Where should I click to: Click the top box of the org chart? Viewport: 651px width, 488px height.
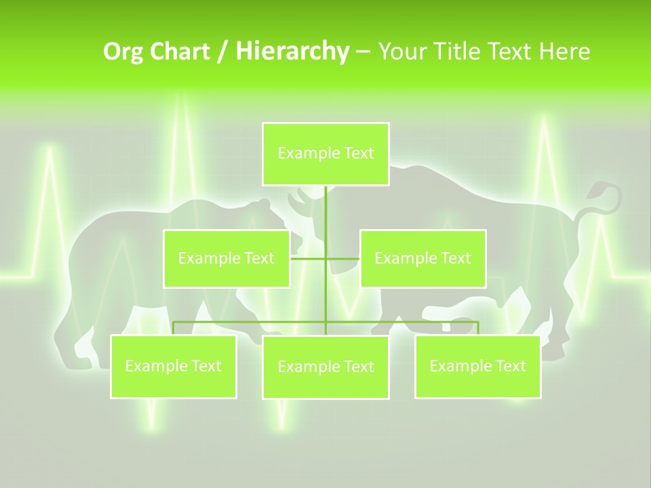pos(325,154)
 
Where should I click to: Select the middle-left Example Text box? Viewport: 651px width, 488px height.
pos(226,258)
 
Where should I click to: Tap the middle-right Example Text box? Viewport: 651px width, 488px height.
pos(422,258)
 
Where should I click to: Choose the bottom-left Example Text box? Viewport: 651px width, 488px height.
pos(173,367)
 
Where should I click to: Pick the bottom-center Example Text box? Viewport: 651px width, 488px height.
pos(325,367)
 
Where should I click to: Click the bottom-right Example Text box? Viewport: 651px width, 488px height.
pos(477,367)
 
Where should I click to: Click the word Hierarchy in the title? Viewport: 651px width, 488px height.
pos(292,52)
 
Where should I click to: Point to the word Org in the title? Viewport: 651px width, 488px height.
pos(123,52)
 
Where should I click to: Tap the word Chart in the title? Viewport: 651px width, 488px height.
pos(180,52)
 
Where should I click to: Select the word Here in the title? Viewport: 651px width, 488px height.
pos(564,52)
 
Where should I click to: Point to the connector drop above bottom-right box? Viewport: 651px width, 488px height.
pos(477,328)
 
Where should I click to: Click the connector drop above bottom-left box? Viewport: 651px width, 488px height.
pos(173,328)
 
